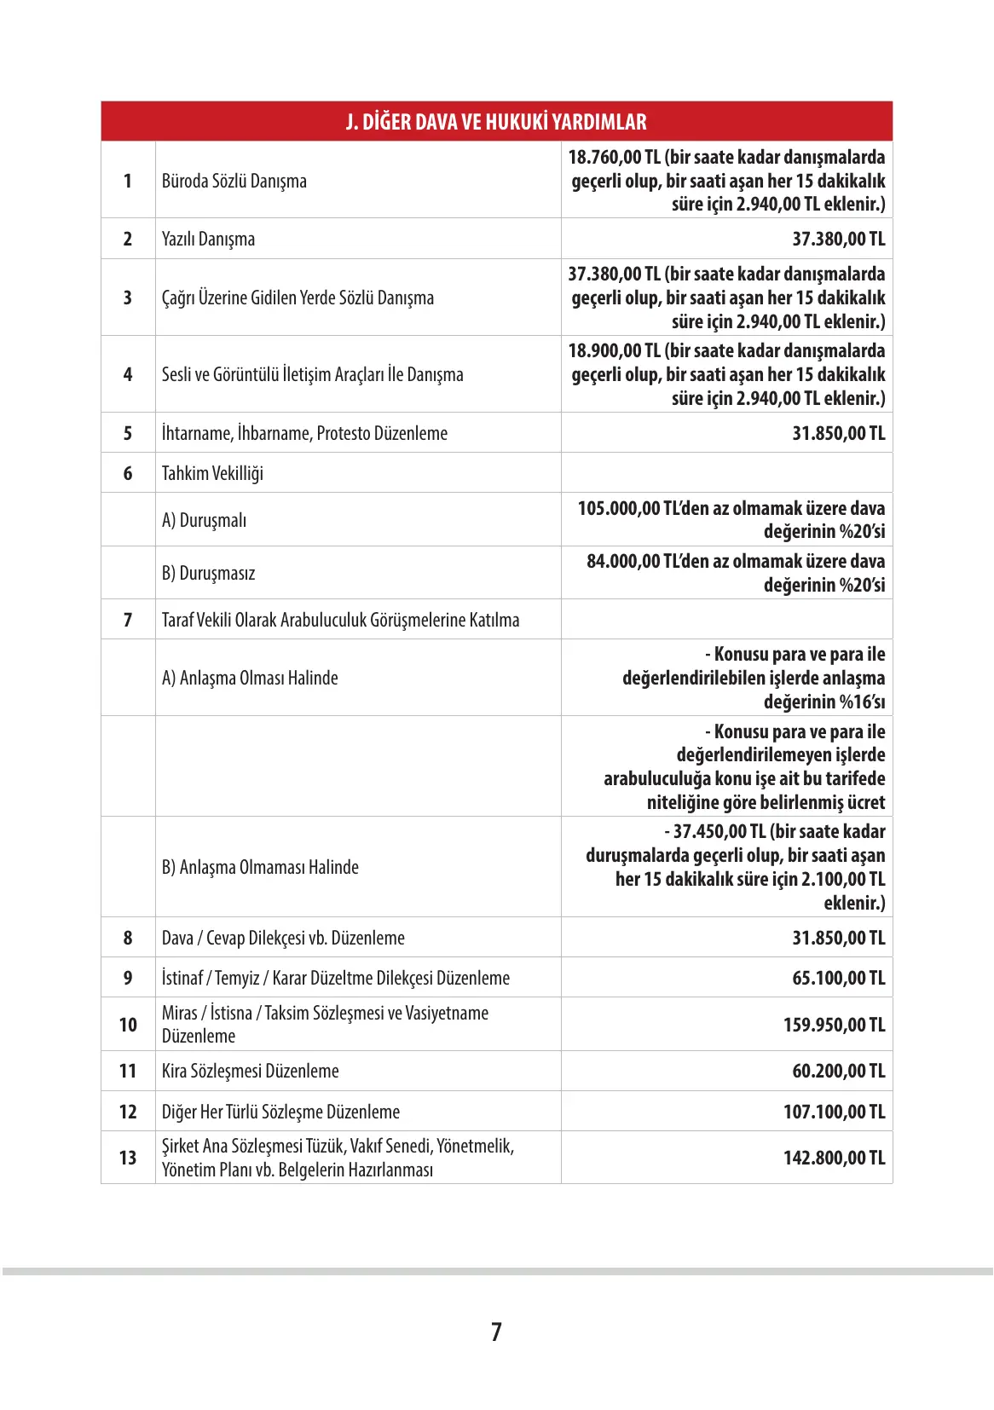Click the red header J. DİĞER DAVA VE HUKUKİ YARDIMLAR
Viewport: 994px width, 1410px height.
496,122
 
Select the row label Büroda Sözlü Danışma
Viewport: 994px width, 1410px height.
234,181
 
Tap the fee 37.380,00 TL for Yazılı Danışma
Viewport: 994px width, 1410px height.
838,239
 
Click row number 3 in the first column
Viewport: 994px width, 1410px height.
128,298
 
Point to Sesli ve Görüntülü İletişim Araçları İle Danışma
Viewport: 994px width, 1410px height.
312,374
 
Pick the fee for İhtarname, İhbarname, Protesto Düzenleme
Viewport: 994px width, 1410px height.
838,433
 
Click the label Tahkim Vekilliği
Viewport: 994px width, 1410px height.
212,473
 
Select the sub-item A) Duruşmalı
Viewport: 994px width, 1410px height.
204,520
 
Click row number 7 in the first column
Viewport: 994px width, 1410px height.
128,620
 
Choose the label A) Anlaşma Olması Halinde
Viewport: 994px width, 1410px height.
250,678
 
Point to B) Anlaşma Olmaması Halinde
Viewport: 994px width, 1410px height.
260,867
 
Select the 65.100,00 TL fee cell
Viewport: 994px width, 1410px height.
838,978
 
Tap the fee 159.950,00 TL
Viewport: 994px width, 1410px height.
834,1025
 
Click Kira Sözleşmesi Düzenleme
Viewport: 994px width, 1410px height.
250,1071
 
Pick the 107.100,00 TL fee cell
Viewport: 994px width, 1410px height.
834,1112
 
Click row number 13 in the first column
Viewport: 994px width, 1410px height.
128,1158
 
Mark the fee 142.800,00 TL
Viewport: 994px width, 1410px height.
834,1158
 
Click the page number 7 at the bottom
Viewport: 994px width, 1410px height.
496,1332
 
